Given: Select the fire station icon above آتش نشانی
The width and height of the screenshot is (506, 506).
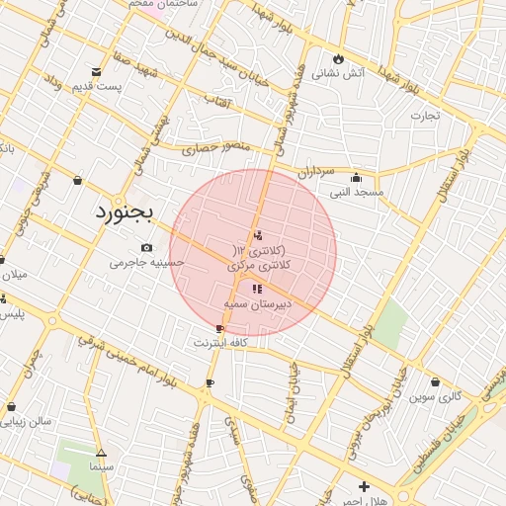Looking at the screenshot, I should (x=338, y=57).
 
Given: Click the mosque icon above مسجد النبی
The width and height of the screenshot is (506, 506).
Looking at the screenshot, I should (x=357, y=177).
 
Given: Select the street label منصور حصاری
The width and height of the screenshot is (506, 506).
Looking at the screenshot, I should (x=216, y=149).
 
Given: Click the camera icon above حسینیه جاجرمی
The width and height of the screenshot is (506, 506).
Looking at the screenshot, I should (x=147, y=247).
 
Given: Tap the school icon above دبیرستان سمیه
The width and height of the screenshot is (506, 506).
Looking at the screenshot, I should (x=257, y=290).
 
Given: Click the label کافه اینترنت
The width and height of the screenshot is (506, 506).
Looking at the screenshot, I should (x=219, y=342).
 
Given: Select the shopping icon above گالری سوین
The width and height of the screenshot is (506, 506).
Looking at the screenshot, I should (x=435, y=381).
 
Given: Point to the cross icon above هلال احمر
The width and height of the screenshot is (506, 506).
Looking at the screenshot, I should (x=365, y=486).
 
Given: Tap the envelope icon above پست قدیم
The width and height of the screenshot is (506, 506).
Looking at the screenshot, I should (x=96, y=72).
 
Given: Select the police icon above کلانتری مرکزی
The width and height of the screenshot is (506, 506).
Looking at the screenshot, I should (x=258, y=234).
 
